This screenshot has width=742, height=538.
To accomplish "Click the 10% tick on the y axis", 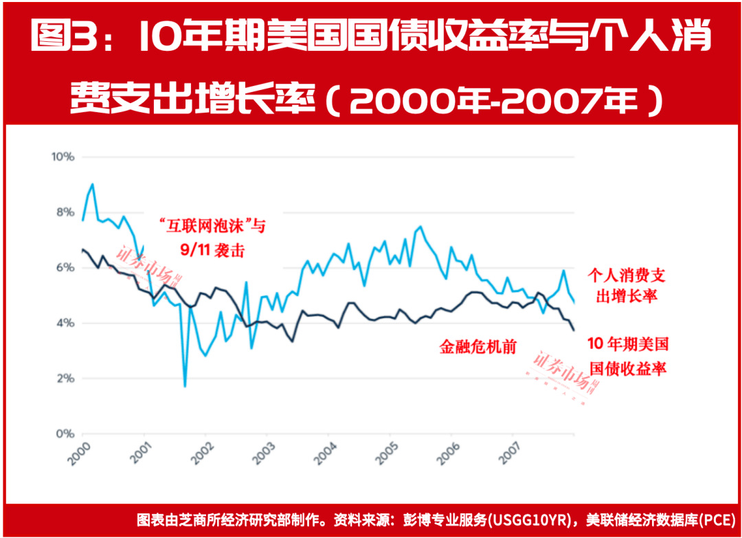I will pos(63,157).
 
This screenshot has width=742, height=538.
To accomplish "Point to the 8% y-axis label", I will pos(63,212).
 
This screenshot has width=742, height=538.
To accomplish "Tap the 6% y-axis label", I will pos(63,267).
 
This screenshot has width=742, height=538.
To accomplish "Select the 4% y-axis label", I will pos(63,323).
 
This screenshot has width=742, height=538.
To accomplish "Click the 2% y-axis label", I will pos(63,379).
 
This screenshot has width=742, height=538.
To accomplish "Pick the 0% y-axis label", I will pos(63,434).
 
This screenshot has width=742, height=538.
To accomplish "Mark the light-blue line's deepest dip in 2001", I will pos(185,386).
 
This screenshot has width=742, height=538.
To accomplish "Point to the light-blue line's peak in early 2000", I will pos(92,184).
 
